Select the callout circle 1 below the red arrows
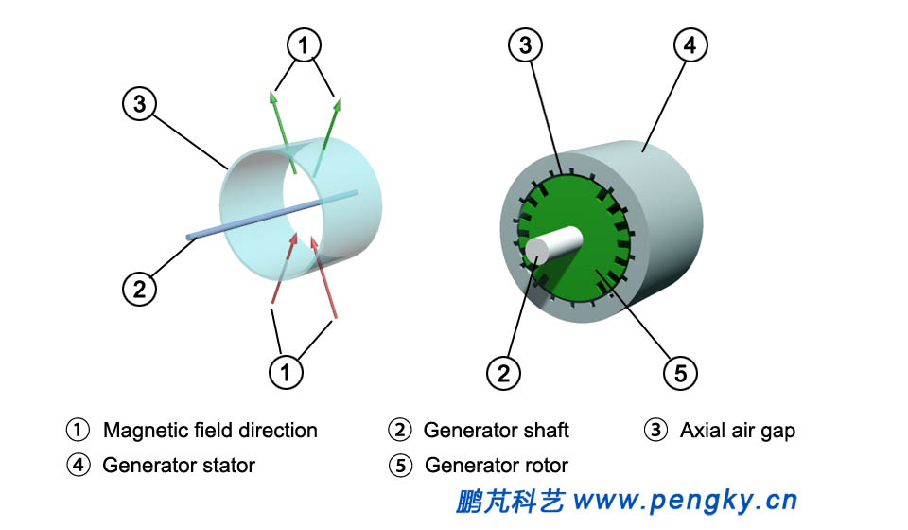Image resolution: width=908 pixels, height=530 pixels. (x=286, y=371)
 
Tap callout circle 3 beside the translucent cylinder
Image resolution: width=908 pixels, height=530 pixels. (x=139, y=103)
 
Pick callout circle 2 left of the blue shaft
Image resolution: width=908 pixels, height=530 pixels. (x=139, y=289)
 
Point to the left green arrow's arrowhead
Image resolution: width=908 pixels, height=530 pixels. (x=274, y=97)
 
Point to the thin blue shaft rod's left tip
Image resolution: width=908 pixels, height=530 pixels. (x=188, y=237)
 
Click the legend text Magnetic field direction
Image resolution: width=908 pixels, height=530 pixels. (x=210, y=431)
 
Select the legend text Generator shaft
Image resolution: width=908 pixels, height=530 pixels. (x=496, y=431)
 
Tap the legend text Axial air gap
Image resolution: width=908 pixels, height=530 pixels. (x=737, y=431)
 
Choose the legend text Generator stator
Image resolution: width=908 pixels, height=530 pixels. (x=179, y=466)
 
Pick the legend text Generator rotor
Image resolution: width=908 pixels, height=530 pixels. (x=497, y=466)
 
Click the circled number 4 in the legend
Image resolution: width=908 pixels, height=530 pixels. (x=78, y=466)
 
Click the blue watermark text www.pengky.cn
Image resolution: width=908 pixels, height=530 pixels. (x=686, y=500)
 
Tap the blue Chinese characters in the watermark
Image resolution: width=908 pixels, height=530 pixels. (x=510, y=500)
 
